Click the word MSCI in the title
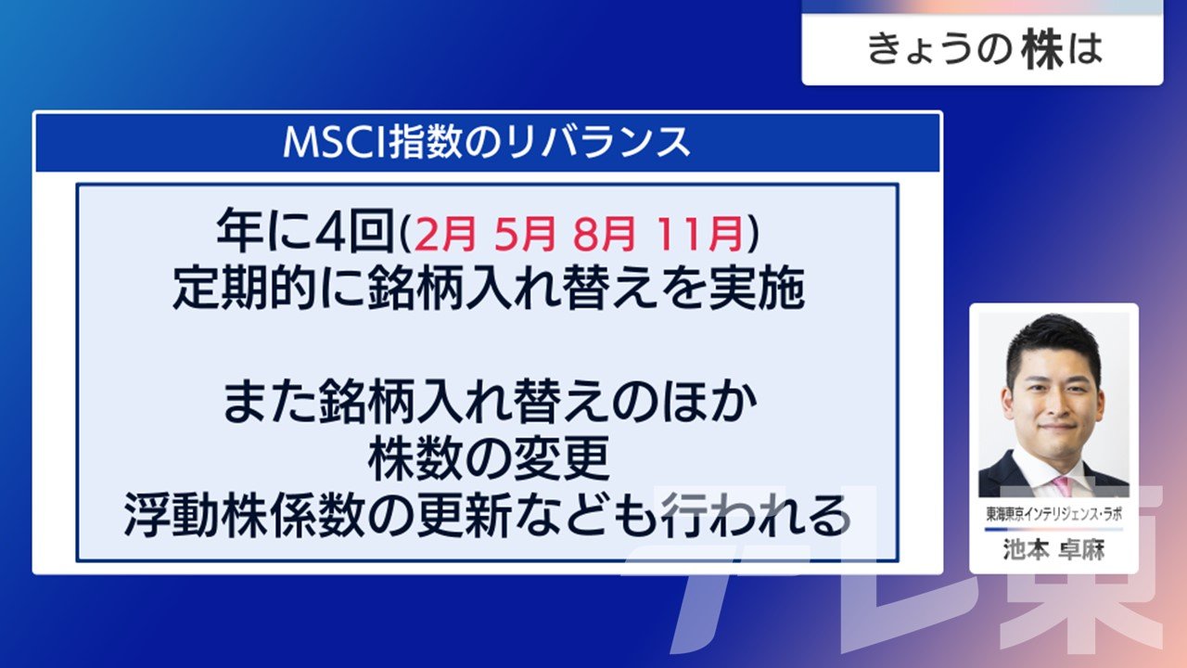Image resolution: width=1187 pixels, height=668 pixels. (x=335, y=142)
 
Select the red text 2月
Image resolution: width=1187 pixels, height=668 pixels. (x=444, y=234)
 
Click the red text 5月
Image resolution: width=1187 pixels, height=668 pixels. (x=524, y=234)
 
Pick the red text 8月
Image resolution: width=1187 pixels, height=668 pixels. (x=604, y=234)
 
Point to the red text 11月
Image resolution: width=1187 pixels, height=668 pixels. (x=698, y=234)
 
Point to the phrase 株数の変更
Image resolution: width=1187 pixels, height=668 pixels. (x=488, y=458)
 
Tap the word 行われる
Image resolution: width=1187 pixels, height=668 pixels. (x=755, y=515)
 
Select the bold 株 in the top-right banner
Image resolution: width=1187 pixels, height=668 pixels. (x=1043, y=50)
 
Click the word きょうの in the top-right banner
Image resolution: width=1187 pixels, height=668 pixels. (x=939, y=50)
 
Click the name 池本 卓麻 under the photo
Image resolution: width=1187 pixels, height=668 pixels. (x=1054, y=550)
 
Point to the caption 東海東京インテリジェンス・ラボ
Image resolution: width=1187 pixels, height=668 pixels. (x=1054, y=514)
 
